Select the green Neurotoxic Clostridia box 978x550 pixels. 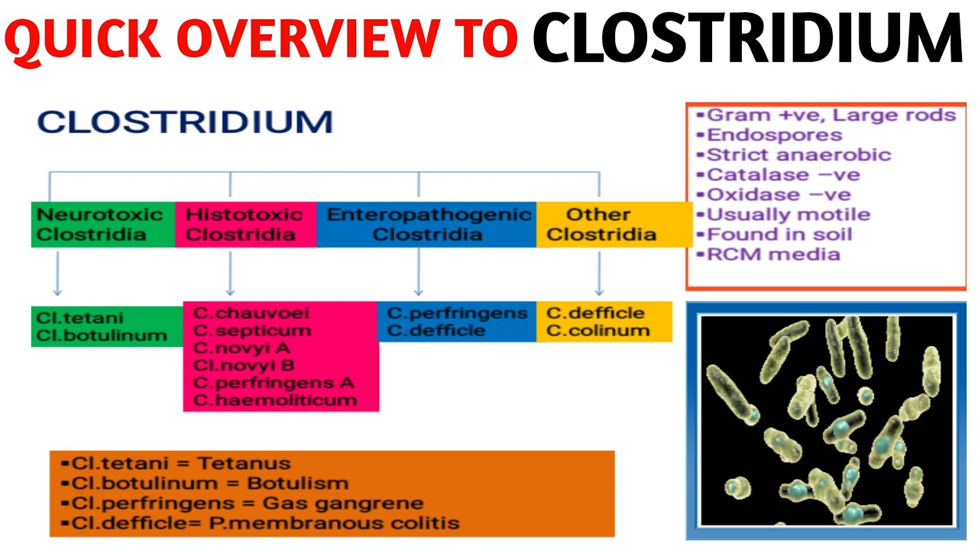(102, 225)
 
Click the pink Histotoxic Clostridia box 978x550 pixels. (244, 225)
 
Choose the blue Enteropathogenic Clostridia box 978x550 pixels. (426, 225)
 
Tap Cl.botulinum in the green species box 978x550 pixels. (100, 335)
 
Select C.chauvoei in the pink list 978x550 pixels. (240, 313)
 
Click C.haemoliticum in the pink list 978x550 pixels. (275, 400)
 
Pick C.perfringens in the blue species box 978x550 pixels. (457, 313)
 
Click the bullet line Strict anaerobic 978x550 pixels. (798, 155)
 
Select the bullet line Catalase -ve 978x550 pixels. (782, 175)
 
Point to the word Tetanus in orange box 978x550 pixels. (244, 464)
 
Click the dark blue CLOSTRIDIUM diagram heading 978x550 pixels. (185, 121)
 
